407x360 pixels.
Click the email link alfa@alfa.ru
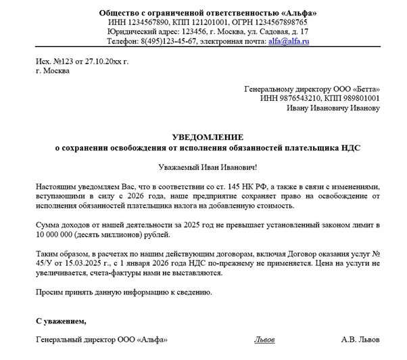[x=291, y=41]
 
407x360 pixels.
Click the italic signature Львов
[x=264, y=339]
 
